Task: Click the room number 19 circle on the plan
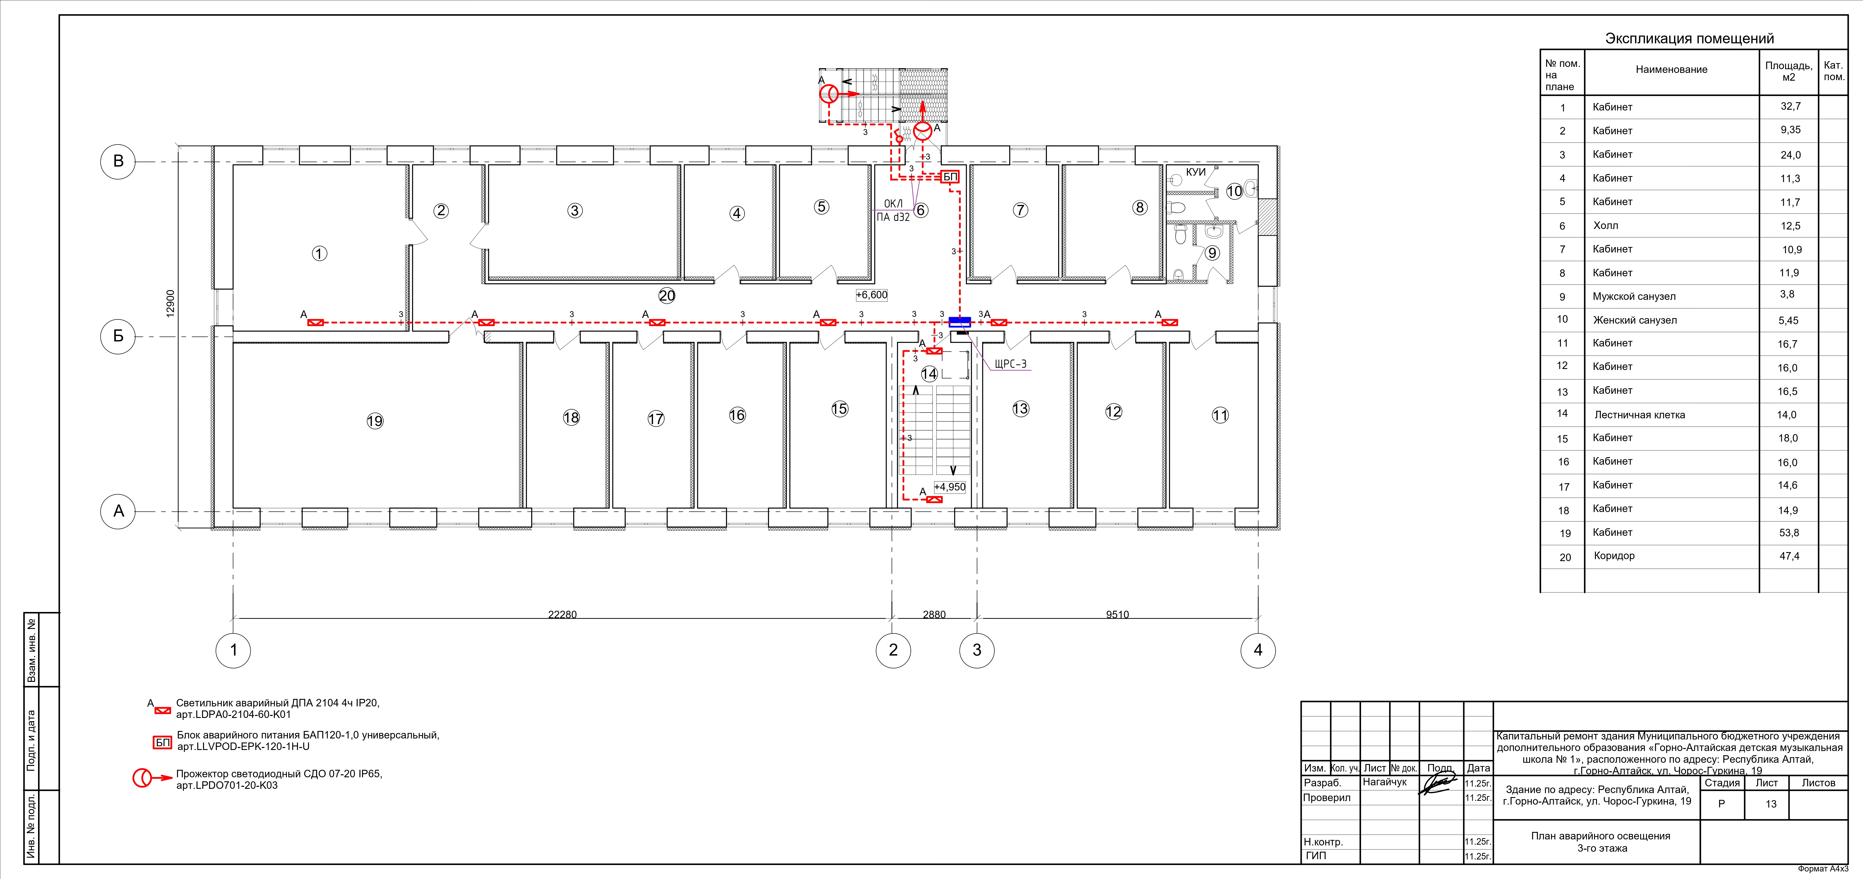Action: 375,421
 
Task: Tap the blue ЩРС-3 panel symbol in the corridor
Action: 959,322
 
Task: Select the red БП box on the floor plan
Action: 950,177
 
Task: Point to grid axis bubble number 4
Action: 1258,650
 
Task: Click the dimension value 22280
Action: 562,614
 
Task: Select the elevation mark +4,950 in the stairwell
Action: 950,487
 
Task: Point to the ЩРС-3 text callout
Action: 1010,364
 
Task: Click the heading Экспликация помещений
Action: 1690,38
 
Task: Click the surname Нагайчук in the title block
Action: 1384,782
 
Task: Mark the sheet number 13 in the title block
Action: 1770,804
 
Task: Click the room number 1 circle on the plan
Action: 319,253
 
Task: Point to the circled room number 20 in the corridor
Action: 666,295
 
